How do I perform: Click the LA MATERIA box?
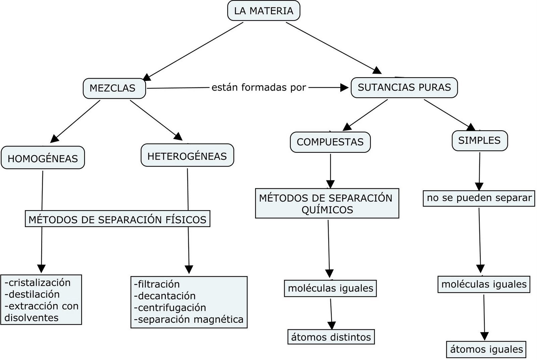click(263, 11)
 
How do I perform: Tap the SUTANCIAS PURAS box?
click(404, 87)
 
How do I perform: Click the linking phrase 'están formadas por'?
click(259, 88)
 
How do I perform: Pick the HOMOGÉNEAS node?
click(43, 158)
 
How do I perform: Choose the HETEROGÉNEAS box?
click(187, 156)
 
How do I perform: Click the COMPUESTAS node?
click(330, 142)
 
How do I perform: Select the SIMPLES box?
click(479, 140)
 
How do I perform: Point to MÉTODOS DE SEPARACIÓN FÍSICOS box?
click(117, 219)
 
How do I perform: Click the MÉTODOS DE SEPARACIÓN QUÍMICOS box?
click(327, 204)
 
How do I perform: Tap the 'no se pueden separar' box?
click(479, 198)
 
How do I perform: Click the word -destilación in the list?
click(32, 294)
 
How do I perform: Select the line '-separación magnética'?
click(189, 319)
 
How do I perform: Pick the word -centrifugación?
click(170, 308)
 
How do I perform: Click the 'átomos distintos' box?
click(331, 337)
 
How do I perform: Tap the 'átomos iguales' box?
click(486, 349)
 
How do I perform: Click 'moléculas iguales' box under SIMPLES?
click(484, 284)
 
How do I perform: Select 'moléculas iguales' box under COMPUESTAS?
click(330, 288)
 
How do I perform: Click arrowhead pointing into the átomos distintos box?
click(332, 325)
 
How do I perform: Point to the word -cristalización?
click(38, 282)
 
